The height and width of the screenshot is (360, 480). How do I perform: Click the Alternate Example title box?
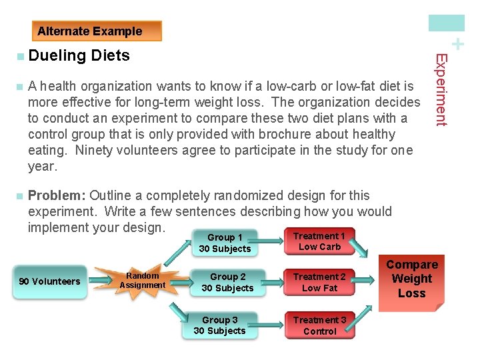(x=97, y=31)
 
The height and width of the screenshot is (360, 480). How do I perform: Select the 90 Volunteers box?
(x=49, y=281)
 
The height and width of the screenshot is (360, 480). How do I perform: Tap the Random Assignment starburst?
(x=142, y=281)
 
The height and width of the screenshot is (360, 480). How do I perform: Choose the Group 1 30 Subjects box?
(x=225, y=243)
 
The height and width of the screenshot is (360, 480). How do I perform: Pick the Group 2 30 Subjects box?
(x=227, y=283)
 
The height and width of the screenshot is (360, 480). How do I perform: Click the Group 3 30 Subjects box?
(x=219, y=325)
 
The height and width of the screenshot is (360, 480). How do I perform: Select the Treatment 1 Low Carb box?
(x=319, y=241)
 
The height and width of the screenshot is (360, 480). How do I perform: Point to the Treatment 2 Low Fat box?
(x=319, y=283)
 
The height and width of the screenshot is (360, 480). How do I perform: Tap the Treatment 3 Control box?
(x=319, y=325)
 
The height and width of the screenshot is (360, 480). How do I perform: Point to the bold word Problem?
(x=57, y=196)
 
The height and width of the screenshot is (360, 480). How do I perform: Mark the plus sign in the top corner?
(x=458, y=45)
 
